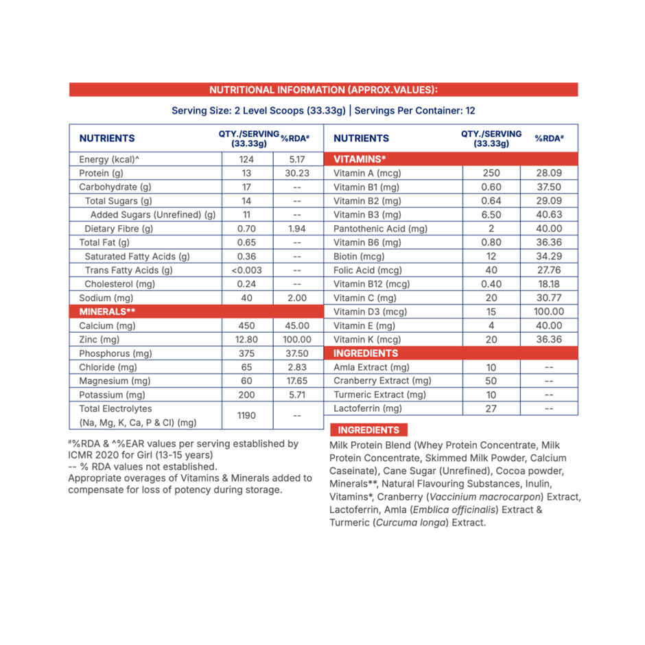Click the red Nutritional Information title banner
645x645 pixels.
323,90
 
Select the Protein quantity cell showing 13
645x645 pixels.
247,173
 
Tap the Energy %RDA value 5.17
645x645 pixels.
298,159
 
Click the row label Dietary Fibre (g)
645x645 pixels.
119,228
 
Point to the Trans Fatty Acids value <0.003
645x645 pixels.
247,270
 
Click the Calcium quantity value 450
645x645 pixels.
247,326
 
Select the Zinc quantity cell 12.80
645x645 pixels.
247,340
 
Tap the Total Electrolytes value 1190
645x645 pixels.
247,415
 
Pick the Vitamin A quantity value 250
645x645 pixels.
491,173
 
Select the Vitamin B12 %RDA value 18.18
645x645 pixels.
549,284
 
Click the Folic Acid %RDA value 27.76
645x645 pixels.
549,270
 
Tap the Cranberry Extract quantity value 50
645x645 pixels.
491,381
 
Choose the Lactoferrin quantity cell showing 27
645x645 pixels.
491,408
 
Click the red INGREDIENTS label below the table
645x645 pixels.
368,430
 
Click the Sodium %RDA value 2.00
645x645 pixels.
298,298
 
